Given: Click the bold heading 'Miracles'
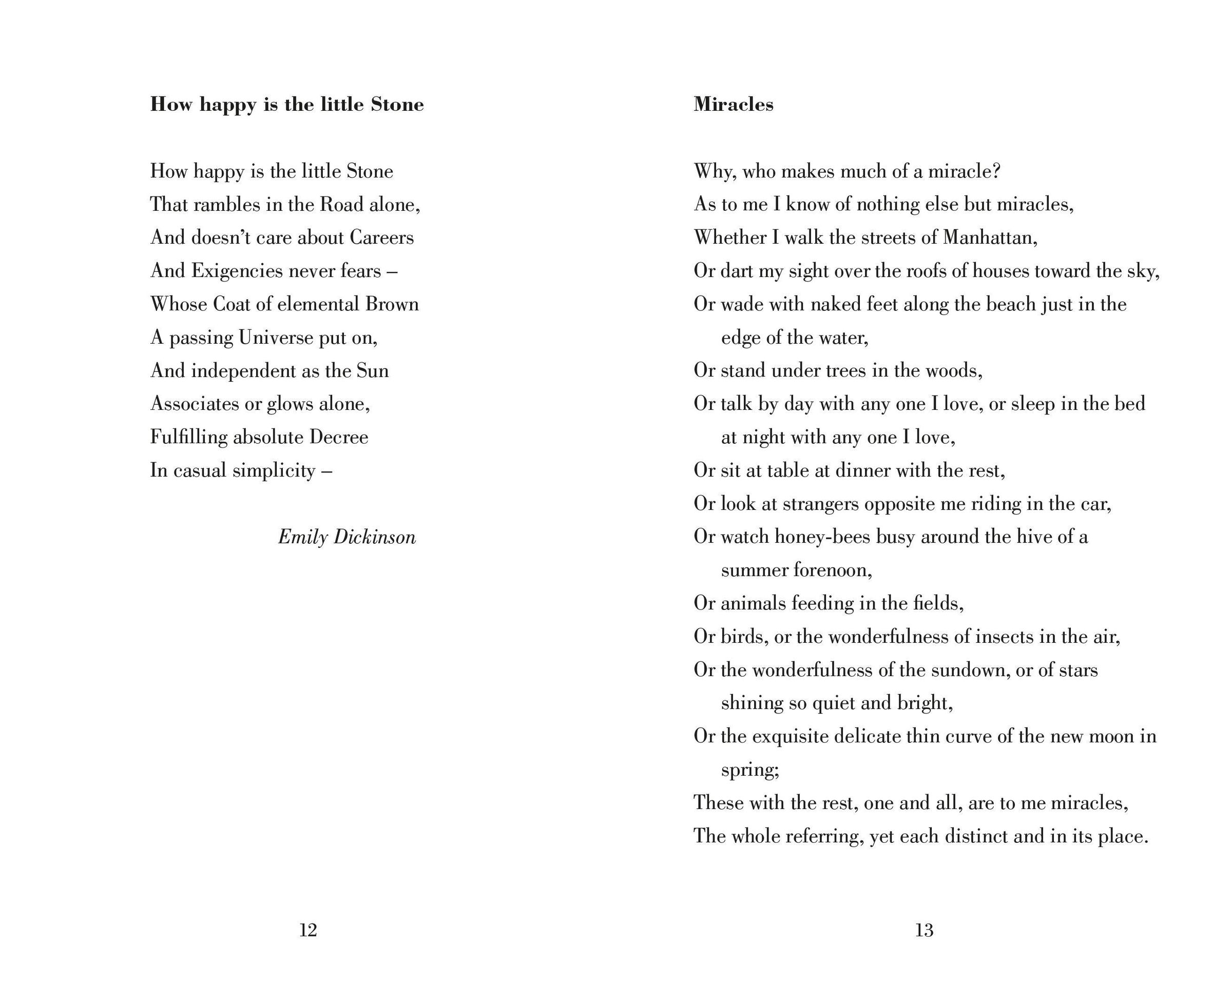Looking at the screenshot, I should point(733,105).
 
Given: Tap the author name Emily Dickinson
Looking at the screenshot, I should point(347,537).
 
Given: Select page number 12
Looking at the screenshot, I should point(308,931).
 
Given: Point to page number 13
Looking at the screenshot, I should point(924,931).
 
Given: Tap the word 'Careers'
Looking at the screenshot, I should point(382,238).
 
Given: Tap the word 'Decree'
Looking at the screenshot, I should point(339,437).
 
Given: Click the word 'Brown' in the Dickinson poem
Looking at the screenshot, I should point(392,304).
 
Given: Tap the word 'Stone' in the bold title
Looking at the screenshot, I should point(397,105).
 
